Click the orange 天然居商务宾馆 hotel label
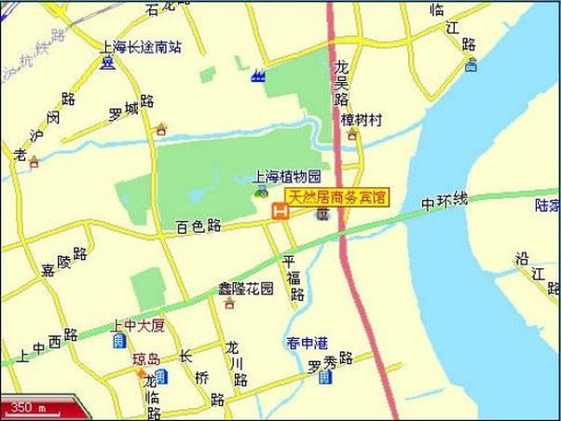tap(336, 197)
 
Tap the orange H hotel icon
tap(278, 213)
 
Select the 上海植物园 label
tap(289, 176)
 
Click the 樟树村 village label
tap(362, 120)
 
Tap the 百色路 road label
tap(198, 225)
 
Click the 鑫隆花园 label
tap(246, 287)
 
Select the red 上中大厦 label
tap(137, 324)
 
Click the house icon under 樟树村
tap(352, 136)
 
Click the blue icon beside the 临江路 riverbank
tap(472, 65)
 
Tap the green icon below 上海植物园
tap(260, 191)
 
